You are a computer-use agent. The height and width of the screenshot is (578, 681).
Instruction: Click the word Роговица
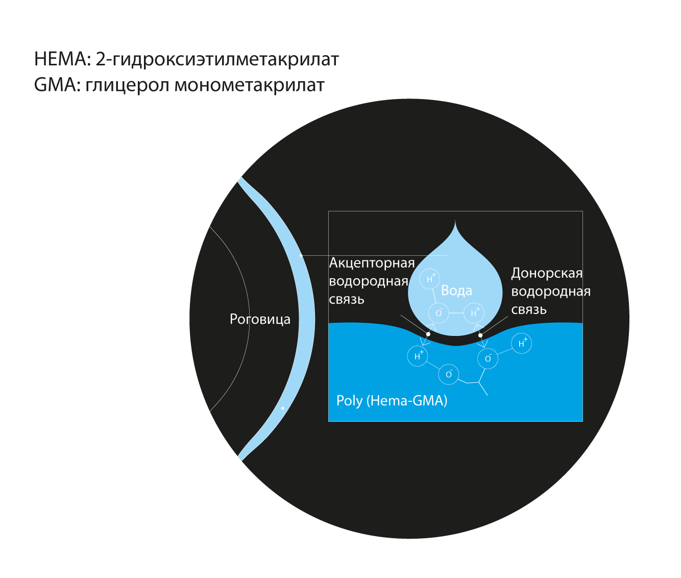pos(260,319)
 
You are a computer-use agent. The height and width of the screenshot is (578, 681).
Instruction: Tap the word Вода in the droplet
pos(456,291)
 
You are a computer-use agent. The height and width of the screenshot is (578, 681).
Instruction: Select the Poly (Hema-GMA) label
pos(392,400)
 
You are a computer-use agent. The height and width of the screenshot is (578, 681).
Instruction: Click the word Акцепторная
pos(372,263)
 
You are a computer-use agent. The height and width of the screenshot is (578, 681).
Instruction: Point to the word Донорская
pos(547,273)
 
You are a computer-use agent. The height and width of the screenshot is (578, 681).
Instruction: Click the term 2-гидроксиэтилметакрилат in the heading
pos(217,59)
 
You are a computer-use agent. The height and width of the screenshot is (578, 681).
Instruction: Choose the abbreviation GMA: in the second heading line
pos(57,85)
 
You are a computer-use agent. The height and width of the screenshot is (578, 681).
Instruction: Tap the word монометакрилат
pos(249,85)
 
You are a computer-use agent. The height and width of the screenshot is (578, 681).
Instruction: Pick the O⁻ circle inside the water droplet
pos(439,313)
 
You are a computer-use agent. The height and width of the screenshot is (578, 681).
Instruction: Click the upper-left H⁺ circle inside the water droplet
pos(430,279)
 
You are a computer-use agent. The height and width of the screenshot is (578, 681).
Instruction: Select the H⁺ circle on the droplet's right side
pos(474,313)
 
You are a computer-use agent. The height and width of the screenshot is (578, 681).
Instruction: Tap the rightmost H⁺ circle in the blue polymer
pos(522,344)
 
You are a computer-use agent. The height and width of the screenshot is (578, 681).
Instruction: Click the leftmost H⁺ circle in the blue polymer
pos(418,356)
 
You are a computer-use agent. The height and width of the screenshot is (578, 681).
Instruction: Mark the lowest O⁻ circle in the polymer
pos(449,374)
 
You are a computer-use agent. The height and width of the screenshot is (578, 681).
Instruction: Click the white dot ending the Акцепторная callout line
pos(428,334)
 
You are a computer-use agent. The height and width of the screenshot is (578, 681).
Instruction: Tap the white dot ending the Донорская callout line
pos(480,335)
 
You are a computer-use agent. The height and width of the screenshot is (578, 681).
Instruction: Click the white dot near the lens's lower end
pos(282,408)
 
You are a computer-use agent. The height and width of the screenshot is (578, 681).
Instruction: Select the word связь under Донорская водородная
pos(529,309)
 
